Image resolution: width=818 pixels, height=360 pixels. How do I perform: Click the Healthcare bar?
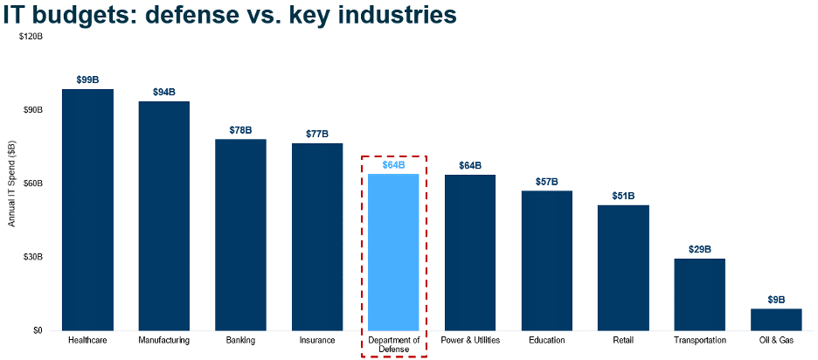tap(87, 210)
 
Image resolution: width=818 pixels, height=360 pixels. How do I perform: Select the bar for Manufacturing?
tap(164, 216)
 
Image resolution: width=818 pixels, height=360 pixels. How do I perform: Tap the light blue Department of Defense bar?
tap(393, 253)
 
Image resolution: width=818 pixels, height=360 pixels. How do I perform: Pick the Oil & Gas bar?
tap(776, 320)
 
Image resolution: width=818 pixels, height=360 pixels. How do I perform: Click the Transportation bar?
tap(699, 294)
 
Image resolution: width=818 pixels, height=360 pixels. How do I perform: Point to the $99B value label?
tap(87, 80)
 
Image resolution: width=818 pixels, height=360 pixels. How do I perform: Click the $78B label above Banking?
tap(240, 130)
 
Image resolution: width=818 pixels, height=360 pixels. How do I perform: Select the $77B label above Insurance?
tap(317, 134)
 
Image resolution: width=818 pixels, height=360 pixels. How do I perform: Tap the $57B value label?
tap(547, 182)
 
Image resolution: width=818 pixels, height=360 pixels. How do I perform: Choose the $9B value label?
tap(776, 300)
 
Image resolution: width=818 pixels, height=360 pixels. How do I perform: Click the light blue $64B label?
tap(393, 165)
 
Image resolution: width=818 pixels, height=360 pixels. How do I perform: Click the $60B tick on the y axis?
tap(33, 183)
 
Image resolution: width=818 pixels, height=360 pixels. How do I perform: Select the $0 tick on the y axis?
tap(38, 331)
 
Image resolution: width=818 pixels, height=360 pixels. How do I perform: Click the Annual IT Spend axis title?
tap(12, 183)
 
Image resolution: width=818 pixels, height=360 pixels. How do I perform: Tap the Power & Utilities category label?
tap(470, 340)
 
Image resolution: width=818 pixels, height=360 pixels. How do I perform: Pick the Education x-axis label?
tap(547, 340)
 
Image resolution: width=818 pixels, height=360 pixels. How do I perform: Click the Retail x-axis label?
tap(623, 340)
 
